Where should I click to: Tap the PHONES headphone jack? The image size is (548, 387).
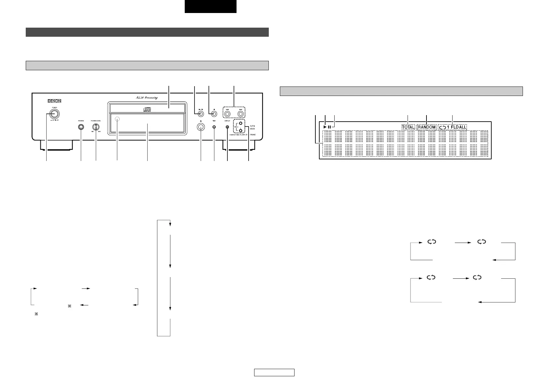81,127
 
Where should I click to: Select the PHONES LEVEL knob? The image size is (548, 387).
96,127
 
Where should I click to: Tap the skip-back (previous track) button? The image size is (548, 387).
227,114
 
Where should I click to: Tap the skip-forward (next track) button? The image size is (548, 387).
240,114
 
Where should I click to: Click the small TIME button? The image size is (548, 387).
214,127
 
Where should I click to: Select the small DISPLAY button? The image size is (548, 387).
227,127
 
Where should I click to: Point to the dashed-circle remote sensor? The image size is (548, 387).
117,120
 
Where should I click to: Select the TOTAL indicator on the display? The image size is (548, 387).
408,127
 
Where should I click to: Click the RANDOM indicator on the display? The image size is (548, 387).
426,127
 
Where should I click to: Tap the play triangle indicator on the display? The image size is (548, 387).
325,127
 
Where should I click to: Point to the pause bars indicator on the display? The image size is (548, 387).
330,127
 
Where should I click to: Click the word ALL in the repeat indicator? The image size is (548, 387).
463,127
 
